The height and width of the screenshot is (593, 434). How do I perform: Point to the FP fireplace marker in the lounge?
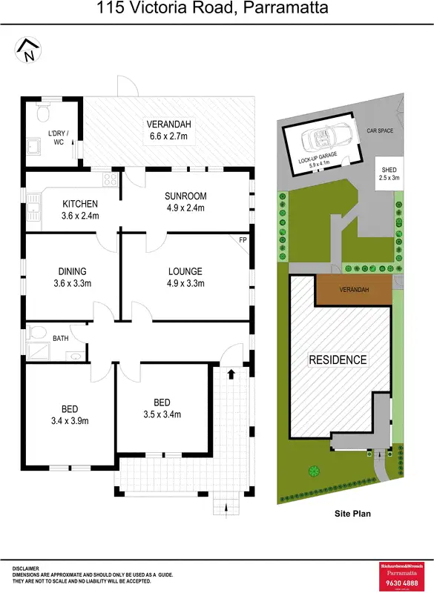(243, 239)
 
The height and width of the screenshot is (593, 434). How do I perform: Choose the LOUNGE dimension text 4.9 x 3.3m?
(185, 283)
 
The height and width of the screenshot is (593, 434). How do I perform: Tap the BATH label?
(61, 338)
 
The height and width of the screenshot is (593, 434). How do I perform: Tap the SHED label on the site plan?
(389, 173)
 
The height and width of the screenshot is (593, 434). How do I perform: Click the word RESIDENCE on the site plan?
(338, 360)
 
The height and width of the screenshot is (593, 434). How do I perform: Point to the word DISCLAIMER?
(30, 568)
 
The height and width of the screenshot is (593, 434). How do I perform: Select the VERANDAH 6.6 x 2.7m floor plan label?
(168, 130)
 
